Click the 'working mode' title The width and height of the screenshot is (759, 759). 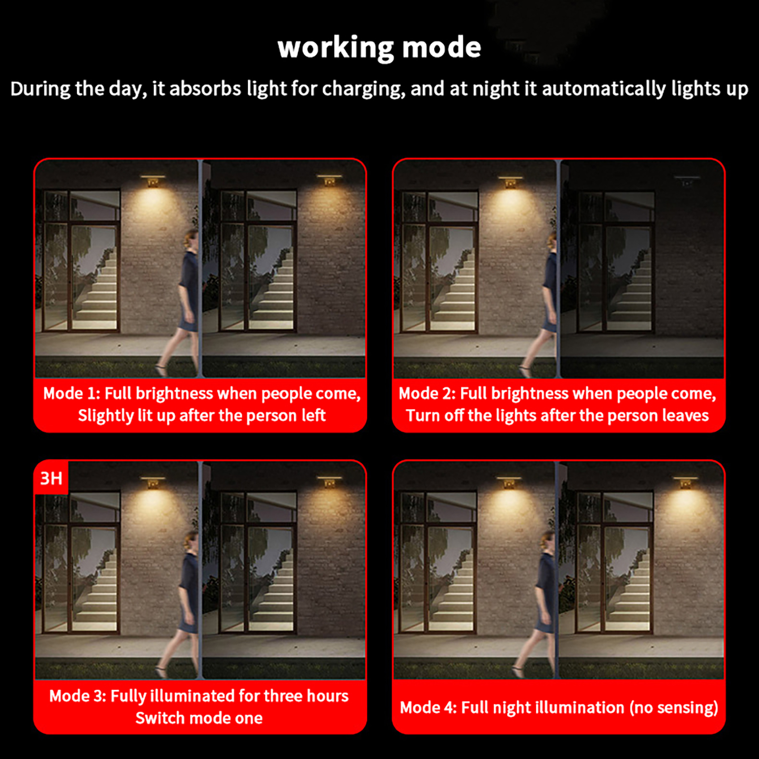(379, 47)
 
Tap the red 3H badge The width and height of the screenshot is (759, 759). (51, 478)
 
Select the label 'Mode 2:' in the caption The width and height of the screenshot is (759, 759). (427, 393)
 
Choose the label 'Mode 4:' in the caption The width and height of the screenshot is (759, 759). (428, 708)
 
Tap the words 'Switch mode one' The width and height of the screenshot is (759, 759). (199, 718)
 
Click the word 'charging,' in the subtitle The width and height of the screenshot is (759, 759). (364, 89)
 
